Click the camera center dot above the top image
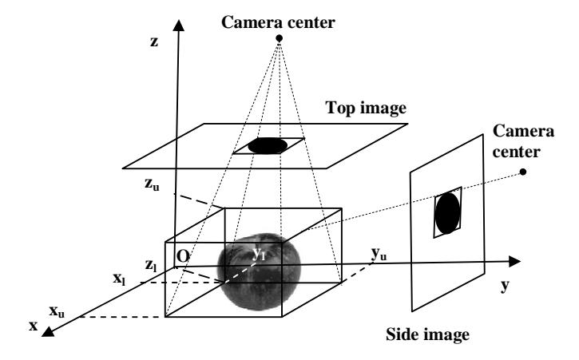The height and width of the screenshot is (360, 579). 280,38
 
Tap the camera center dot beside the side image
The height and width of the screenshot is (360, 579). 522,172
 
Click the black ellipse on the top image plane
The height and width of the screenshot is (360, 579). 268,145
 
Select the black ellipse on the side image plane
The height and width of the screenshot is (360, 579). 447,213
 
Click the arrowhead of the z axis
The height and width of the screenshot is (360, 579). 179,26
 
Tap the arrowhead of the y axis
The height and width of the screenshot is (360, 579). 515,261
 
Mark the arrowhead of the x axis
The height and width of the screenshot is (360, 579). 48,331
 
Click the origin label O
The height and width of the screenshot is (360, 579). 183,256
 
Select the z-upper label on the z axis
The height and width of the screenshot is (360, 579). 152,184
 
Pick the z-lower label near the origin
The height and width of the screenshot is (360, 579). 151,265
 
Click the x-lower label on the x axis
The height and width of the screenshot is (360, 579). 119,279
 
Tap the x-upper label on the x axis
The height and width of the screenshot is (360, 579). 57,311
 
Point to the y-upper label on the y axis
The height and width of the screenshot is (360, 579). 379,255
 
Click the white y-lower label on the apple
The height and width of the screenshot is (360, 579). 259,254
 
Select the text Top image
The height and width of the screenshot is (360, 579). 366,109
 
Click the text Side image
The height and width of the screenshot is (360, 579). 427,334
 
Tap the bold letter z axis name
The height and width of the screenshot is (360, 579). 154,42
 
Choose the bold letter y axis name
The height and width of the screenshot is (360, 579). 505,286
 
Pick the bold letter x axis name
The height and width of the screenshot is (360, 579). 34,326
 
